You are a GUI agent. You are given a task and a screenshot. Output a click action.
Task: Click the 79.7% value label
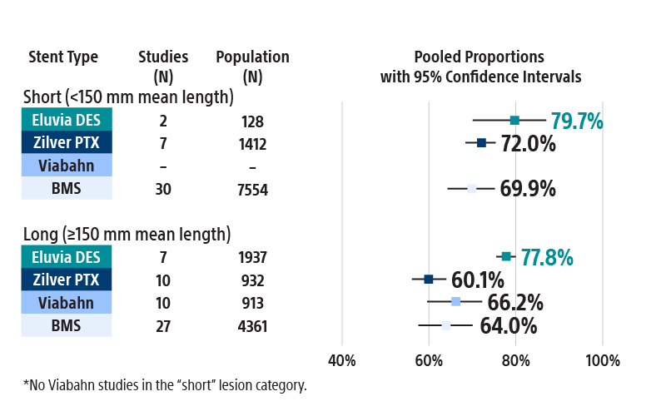(x=576, y=121)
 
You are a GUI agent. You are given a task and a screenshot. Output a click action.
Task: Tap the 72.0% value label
(x=528, y=144)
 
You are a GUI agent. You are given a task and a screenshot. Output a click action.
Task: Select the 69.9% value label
(x=528, y=189)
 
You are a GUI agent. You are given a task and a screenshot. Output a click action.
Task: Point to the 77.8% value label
(x=547, y=258)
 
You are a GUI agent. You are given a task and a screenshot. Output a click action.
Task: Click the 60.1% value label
(x=477, y=280)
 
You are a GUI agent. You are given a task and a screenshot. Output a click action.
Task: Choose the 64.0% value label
(x=508, y=325)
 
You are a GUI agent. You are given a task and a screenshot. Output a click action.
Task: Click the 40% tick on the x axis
(x=342, y=360)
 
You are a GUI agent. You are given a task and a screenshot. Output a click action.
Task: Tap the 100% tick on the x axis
(x=602, y=360)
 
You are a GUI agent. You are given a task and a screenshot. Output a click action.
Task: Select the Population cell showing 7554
(x=252, y=190)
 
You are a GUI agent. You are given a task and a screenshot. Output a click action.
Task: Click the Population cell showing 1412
(x=252, y=144)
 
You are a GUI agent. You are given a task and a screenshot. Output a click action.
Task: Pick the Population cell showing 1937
(x=252, y=258)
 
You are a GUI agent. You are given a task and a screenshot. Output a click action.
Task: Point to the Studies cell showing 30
(x=163, y=190)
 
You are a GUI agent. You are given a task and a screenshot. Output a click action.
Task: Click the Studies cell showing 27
(x=163, y=326)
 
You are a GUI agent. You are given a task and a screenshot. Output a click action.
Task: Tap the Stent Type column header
(x=63, y=57)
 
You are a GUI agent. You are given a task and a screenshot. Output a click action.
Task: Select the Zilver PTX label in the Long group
(x=67, y=280)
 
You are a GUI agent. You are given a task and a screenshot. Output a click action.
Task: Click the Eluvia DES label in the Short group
(x=67, y=121)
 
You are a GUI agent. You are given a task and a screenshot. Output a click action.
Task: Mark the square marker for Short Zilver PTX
(x=481, y=143)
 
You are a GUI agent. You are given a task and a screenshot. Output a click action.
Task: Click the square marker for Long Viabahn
(x=455, y=301)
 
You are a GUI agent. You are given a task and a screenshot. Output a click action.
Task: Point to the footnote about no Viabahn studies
(x=165, y=385)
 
